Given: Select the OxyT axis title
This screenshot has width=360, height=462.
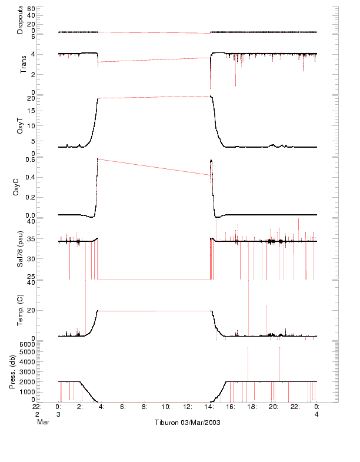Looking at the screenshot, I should (x=20, y=124).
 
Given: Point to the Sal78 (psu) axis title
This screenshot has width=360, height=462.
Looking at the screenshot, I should (x=20, y=250).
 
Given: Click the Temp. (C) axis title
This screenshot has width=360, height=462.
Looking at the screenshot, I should (x=20, y=310).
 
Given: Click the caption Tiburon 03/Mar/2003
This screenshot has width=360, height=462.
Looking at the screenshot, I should (x=187, y=423).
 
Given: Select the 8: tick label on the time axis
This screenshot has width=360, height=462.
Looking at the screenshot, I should (x=144, y=406).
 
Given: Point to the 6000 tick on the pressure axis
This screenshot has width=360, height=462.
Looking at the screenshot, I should (x=28, y=344).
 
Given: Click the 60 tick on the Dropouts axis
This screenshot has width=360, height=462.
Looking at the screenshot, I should (x=31, y=9).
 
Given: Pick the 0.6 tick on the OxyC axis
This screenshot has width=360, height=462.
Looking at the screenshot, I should (x=29, y=159).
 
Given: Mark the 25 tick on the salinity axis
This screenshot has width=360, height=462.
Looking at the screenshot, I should (x=31, y=275).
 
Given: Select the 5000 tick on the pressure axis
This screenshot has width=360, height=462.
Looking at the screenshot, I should (x=28, y=353).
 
